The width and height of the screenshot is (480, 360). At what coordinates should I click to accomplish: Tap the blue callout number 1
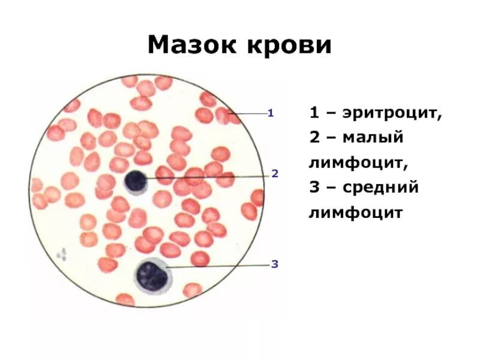tap(271, 112)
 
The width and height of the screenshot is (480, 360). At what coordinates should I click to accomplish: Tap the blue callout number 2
tap(275, 174)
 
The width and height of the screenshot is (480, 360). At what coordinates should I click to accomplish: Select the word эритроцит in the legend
tap(394, 113)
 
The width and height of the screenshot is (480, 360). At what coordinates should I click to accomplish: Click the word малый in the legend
tap(373, 138)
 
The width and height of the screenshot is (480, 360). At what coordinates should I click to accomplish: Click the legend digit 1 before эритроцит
tap(314, 113)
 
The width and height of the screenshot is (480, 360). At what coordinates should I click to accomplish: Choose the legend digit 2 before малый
tap(314, 137)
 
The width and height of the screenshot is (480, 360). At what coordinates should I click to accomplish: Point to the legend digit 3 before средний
tap(314, 187)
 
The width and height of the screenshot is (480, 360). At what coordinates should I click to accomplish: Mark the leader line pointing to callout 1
tap(249, 113)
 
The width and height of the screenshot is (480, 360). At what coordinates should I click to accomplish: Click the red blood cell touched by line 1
tap(224, 114)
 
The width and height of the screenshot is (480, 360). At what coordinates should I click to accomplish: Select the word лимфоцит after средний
tap(355, 212)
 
